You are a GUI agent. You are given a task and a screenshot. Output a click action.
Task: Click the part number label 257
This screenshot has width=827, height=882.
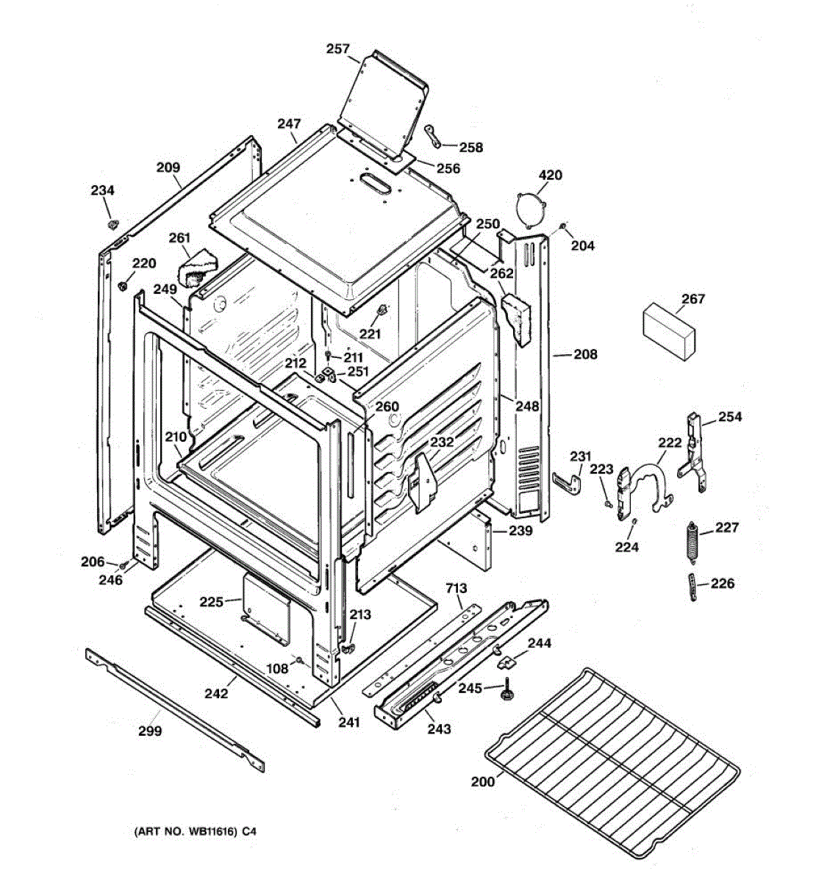coord(337,49)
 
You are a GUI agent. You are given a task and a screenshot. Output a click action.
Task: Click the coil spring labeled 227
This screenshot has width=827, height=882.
coord(692,540)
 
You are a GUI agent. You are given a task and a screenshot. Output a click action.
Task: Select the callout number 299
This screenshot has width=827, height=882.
coord(150,731)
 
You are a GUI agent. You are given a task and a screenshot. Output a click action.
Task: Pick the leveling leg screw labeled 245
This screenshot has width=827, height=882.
coord(506,692)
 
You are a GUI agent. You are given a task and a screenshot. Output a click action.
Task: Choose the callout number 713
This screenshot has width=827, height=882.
coord(456,587)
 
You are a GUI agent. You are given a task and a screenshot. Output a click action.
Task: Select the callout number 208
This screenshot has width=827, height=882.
coord(585,354)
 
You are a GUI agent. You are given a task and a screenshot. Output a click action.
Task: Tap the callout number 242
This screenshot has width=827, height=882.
coord(215,692)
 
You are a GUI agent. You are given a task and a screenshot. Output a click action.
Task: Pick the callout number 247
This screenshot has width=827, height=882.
coord(289,124)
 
